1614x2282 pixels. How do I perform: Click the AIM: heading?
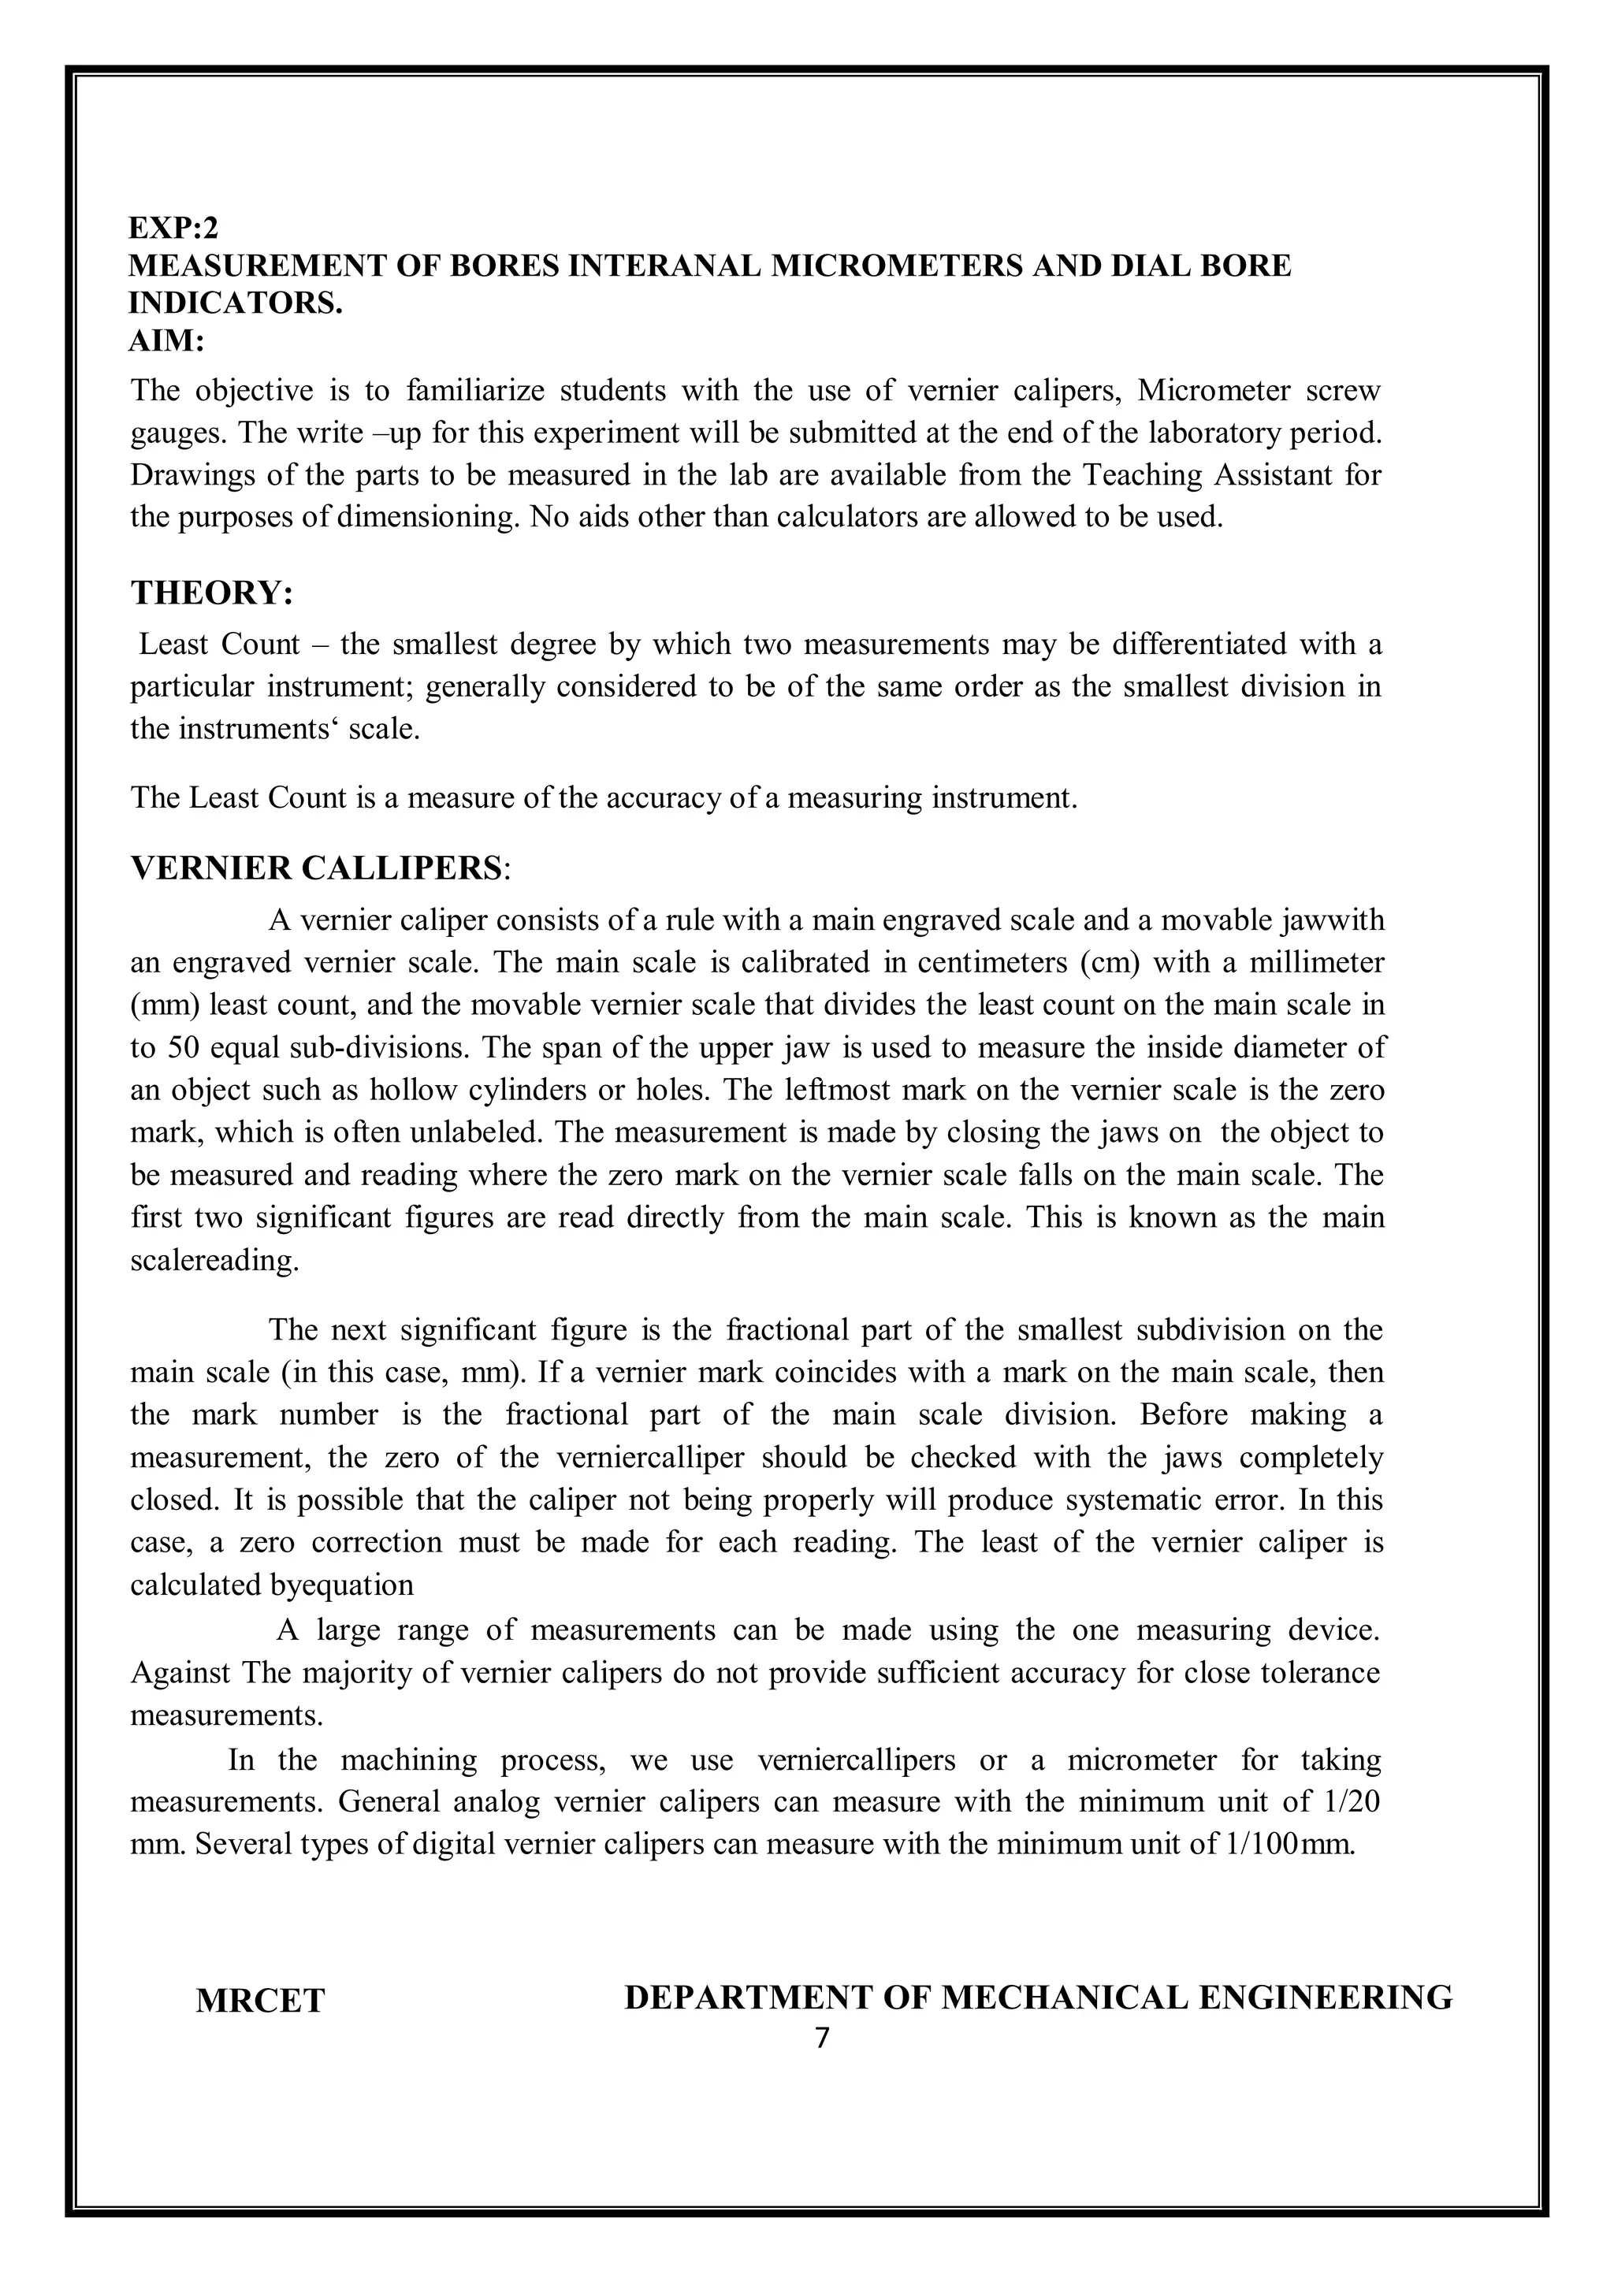pyautogui.click(x=166, y=341)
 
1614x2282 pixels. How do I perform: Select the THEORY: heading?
pyautogui.click(x=212, y=593)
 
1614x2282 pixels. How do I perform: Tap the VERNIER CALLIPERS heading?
pyautogui.click(x=317, y=868)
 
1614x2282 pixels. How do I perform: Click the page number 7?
pyautogui.click(x=821, y=2039)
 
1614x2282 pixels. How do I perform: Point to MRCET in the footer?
pyautogui.click(x=259, y=2001)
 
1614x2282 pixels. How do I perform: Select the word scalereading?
pyautogui.click(x=214, y=1260)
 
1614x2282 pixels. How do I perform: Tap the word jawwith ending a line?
pyautogui.click(x=1332, y=920)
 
